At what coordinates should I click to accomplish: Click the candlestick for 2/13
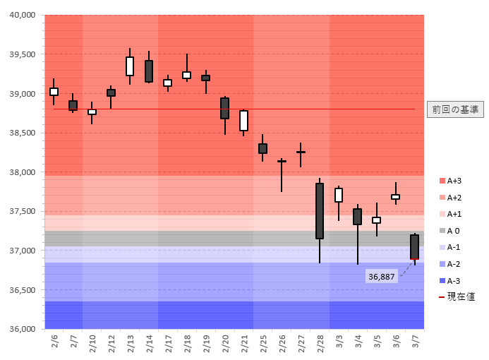point(130,66)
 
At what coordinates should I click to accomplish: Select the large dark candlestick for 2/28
point(320,211)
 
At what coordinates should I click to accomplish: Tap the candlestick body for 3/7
point(414,247)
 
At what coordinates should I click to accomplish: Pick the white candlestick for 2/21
point(243,120)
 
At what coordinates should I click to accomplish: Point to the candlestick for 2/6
point(54,91)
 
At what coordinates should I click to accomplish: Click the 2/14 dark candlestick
point(149,71)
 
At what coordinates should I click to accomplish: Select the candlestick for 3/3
point(339,195)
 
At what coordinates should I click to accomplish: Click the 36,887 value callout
point(381,277)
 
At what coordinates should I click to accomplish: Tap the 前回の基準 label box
point(455,109)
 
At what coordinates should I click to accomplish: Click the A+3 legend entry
point(454,180)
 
